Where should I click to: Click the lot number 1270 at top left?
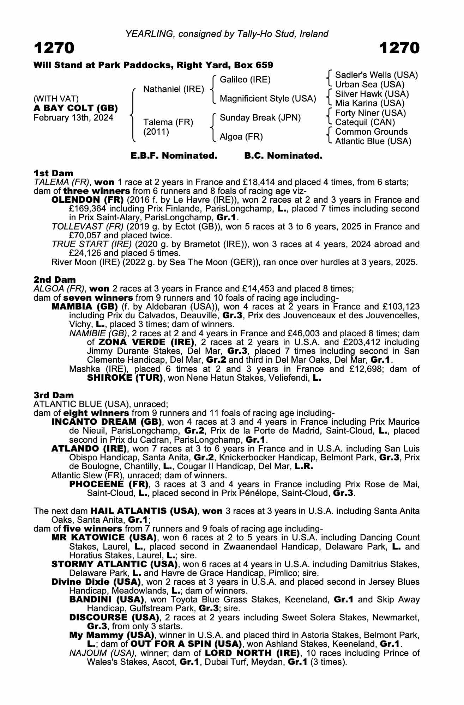pos(54,48)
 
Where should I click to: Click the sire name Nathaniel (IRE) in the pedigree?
pos(174,90)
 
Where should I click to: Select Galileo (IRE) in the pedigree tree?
pos(245,80)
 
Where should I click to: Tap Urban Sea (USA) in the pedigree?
pos(369,85)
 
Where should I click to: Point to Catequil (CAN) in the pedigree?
pos(365,122)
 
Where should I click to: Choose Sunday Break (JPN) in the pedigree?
pos(260,118)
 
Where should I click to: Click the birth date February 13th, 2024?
pos(73,118)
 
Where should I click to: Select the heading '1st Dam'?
pos(53,173)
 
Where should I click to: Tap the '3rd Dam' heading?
pos(54,395)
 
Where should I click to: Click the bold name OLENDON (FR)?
pos(87,200)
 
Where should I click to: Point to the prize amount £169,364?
pos(85,209)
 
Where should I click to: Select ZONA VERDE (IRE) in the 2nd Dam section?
pos(146,342)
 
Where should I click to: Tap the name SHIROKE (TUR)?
pos(125,378)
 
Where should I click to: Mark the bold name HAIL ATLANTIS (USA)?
pos(144,511)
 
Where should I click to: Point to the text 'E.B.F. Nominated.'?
pos(174,156)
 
